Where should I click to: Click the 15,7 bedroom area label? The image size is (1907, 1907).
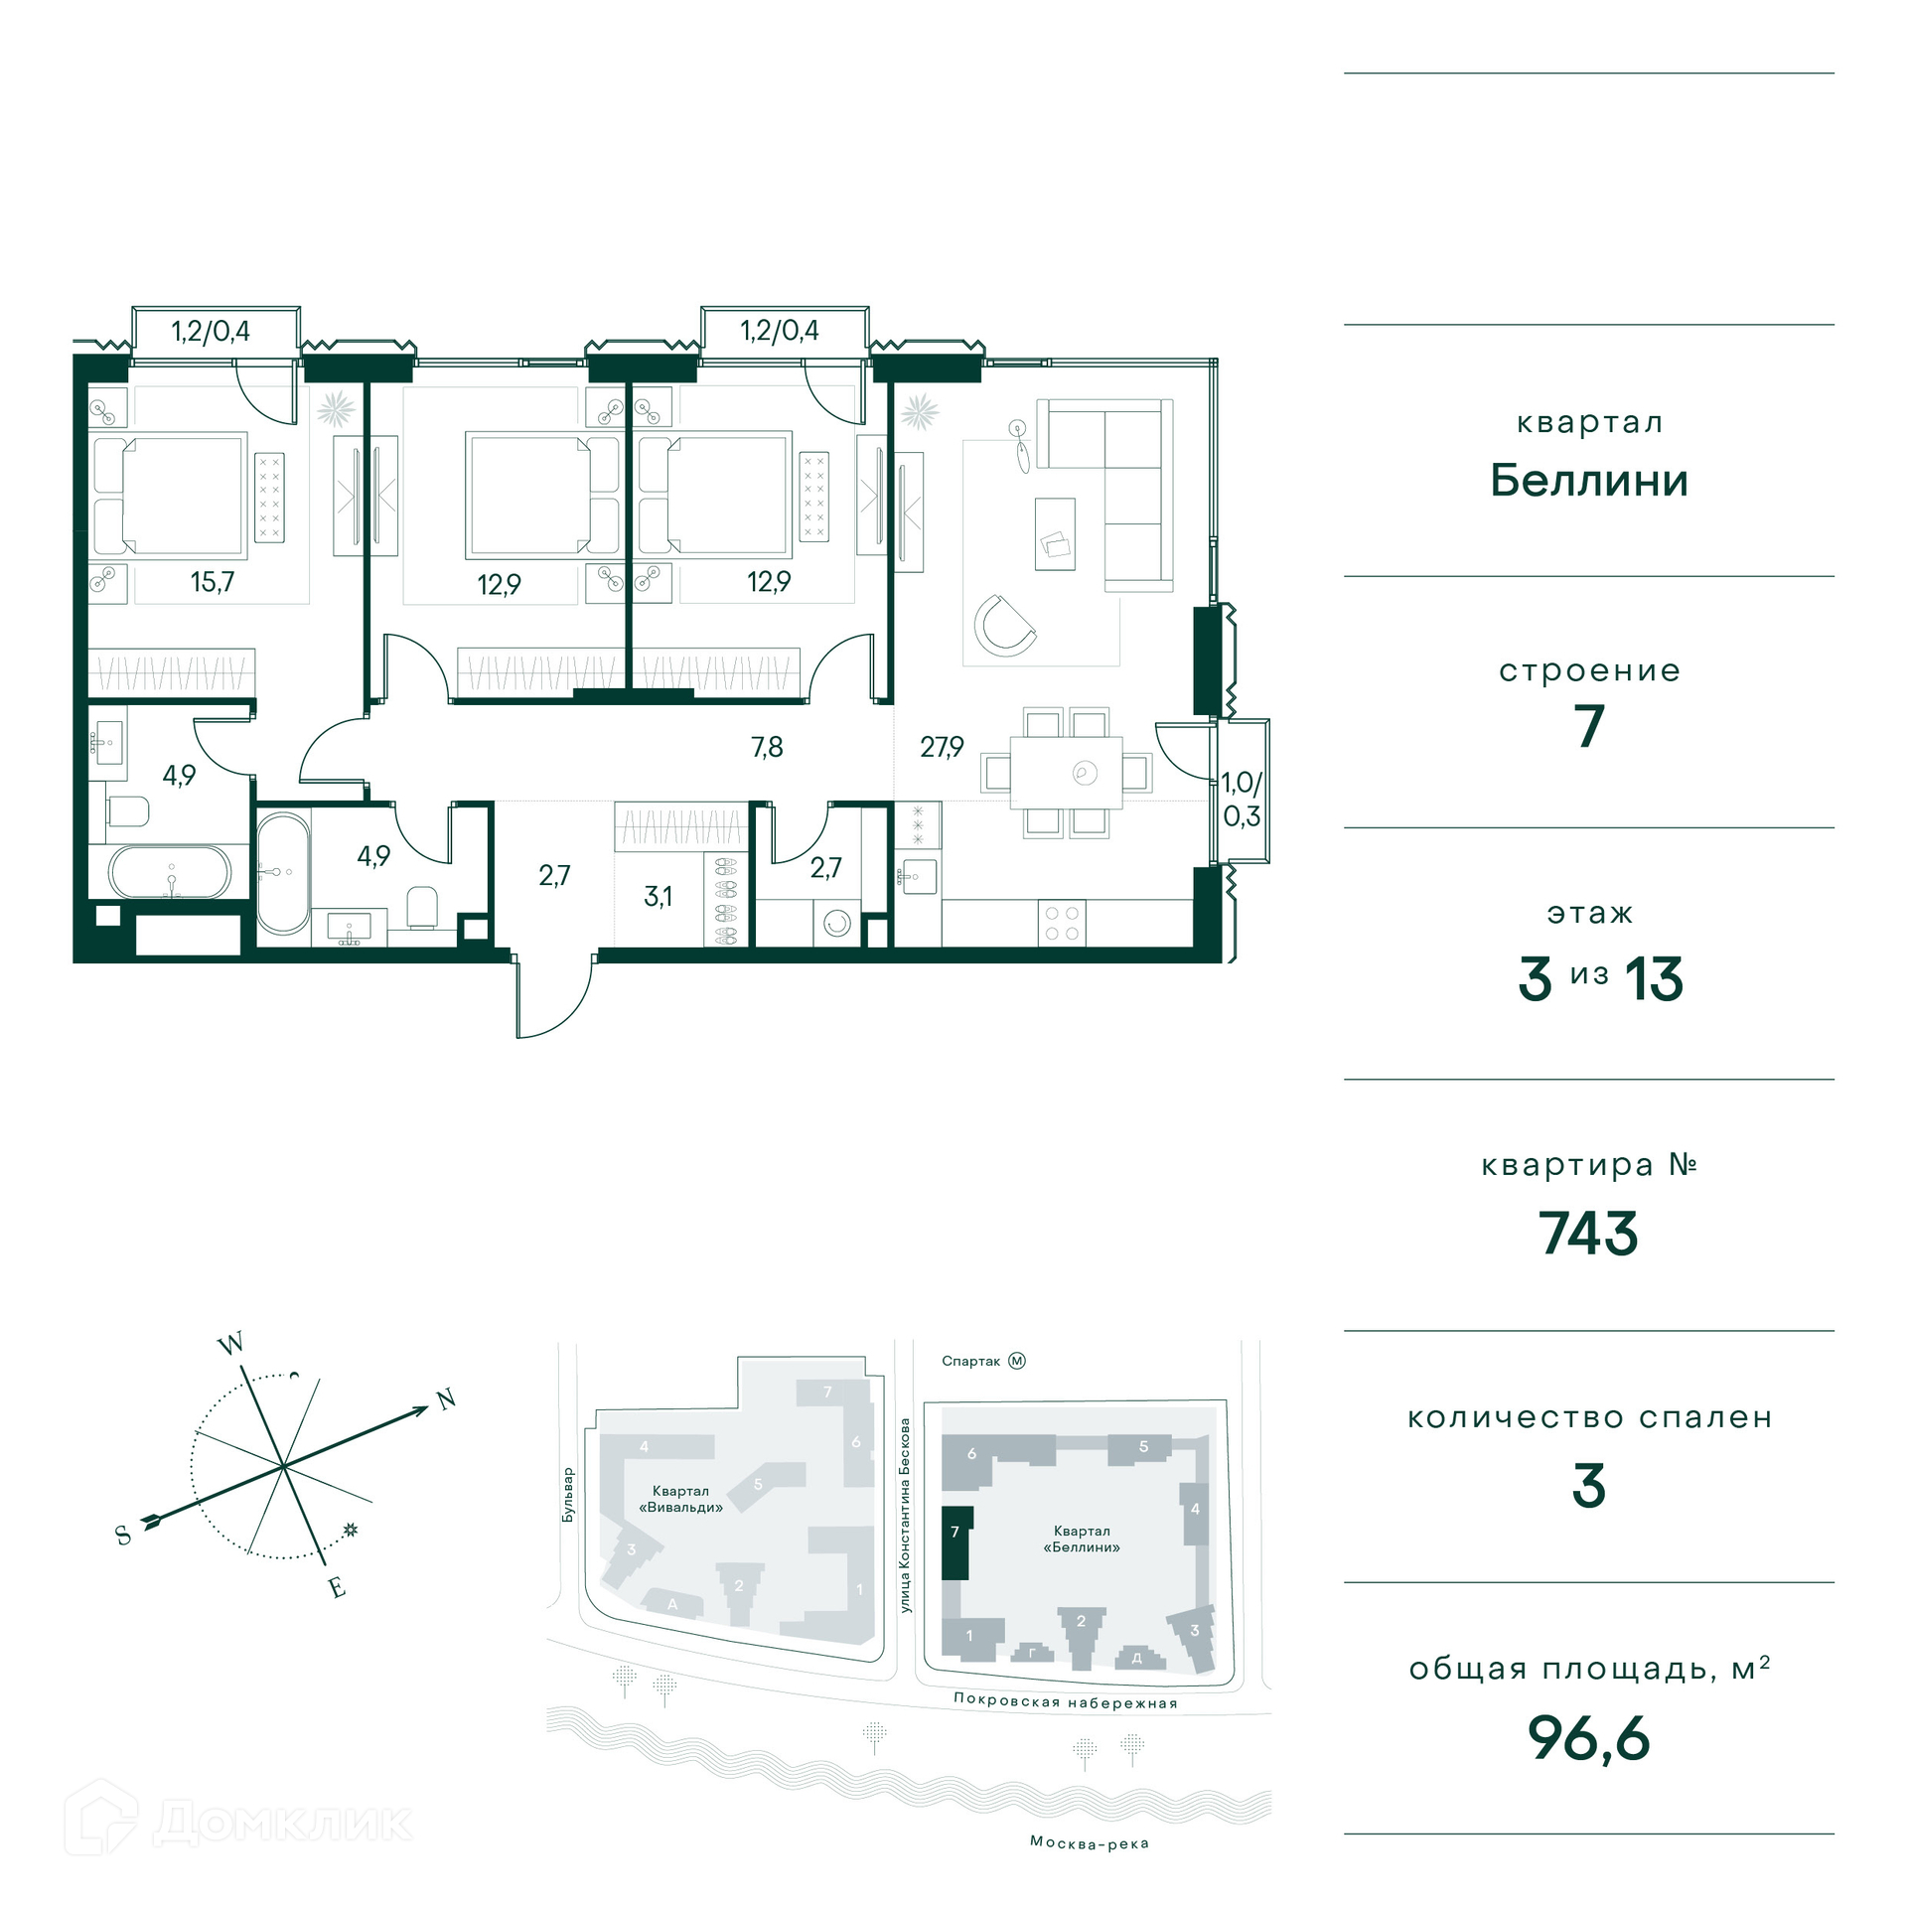coord(213,581)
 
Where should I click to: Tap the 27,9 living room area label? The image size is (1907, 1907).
coord(942,746)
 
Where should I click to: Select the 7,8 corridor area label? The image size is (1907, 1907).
coord(767,746)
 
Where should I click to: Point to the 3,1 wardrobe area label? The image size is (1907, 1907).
coord(658,896)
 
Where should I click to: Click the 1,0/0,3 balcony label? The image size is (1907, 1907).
coord(1242,800)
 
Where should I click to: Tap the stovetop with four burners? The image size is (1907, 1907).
coord(1062,923)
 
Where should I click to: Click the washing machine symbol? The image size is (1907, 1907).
coord(836,924)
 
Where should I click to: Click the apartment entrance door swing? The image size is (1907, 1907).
coord(553,998)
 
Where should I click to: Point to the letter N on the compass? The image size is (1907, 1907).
coord(446,1399)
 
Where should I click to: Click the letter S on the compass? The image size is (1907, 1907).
coord(123,1536)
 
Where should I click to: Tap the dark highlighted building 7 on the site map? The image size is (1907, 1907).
coord(955,1542)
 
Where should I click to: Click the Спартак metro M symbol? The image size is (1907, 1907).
coord(1017,1361)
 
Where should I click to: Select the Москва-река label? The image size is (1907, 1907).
coord(1090,1843)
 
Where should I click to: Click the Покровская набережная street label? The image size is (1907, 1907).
coord(1066,1701)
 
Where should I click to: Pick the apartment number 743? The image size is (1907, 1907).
coord(1588,1234)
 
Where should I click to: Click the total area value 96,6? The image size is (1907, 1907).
coord(1588,1739)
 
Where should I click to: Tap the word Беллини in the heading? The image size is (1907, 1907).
coord(1589,481)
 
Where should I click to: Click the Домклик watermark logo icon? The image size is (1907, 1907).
coord(100,1817)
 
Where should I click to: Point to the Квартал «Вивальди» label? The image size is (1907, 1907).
coord(680,1499)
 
